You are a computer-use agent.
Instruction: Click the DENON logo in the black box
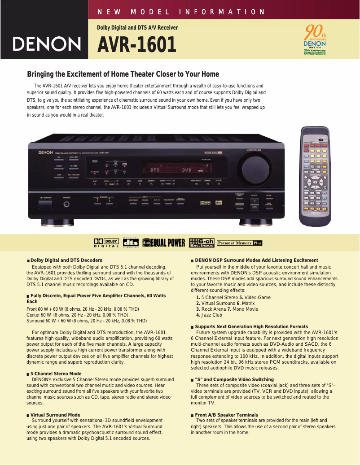tap(47, 44)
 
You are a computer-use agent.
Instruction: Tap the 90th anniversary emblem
tap(315, 40)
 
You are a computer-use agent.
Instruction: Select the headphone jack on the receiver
tap(67, 204)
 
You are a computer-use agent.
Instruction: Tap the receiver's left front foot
tap(55, 222)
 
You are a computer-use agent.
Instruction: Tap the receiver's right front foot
tap(255, 222)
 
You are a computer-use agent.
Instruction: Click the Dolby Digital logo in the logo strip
tap(106, 243)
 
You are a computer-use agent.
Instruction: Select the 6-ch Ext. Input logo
tap(202, 243)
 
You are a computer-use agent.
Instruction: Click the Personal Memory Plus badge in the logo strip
tap(239, 243)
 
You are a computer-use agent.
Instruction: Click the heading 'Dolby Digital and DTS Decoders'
tap(66, 260)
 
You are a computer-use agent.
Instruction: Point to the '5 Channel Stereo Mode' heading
tap(56, 374)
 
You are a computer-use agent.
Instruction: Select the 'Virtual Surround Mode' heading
tap(55, 415)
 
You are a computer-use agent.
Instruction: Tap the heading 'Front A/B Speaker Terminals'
tap(226, 415)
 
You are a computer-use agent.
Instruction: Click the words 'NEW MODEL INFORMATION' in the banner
tap(181, 12)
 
